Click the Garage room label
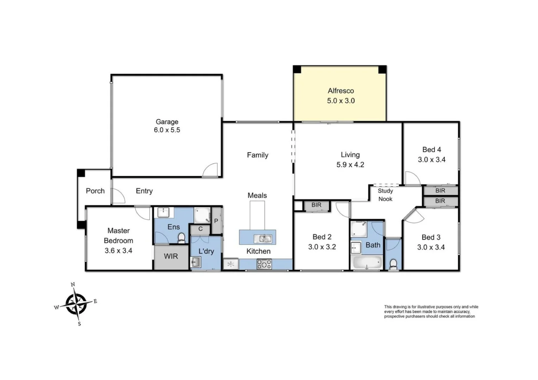coord(167,122)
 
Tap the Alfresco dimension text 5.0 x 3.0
coord(340,101)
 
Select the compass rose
coord(76,304)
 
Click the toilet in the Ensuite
coord(182,238)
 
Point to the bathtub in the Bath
coord(367,262)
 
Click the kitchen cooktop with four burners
coord(264,264)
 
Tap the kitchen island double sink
coord(263,239)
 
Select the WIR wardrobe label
coord(171,256)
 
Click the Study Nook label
coord(385,195)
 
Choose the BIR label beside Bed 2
coord(316,205)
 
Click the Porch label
coord(95,191)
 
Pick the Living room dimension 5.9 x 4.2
coord(350,165)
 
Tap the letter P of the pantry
coord(216,221)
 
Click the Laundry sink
coord(196,262)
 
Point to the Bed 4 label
coord(431,150)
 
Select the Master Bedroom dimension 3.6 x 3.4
coord(118,251)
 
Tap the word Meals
coord(257,196)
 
